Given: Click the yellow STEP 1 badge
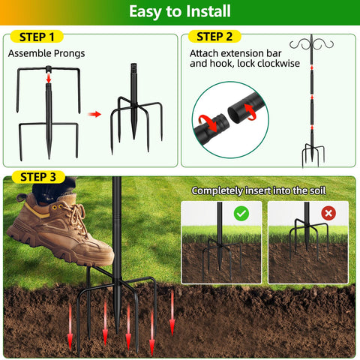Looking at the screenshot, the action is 37,37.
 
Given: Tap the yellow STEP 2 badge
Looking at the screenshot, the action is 214,37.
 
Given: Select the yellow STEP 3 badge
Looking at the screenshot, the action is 38,177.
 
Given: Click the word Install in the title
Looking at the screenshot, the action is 208,11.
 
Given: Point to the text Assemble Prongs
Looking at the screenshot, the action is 46,53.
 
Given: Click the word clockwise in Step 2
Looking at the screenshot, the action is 278,64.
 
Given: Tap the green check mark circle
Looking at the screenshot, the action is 241,214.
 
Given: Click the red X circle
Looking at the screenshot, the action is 328,213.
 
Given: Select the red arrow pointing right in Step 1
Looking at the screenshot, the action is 94,115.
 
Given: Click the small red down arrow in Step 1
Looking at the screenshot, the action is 49,78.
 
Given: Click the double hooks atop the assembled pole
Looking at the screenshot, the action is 311,44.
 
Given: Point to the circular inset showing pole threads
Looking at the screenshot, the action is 230,120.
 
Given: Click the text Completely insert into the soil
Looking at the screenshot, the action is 259,190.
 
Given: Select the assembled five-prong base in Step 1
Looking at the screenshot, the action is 136,109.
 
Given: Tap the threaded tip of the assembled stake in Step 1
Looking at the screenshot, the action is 134,67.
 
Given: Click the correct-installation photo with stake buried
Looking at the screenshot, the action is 221,242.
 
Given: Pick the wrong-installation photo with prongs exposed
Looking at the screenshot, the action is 308,242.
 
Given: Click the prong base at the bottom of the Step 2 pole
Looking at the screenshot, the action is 313,154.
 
